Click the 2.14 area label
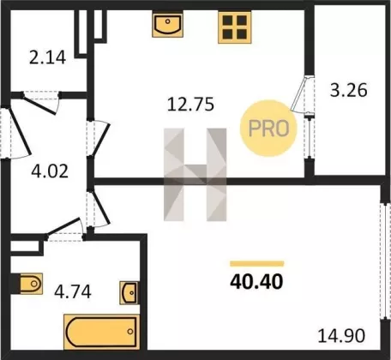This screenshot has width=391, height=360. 47,57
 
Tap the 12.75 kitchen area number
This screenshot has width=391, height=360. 190,105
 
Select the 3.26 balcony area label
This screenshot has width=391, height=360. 349,90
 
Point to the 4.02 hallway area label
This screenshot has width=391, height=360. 50,171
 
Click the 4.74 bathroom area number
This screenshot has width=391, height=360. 73,292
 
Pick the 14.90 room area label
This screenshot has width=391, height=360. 341,336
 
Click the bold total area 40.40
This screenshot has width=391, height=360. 256,282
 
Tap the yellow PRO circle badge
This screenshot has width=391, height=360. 268,128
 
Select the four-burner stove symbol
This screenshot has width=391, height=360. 235,27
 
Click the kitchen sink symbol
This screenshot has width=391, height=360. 167,25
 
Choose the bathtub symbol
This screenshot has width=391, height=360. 101,332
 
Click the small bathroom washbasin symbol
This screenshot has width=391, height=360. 129,293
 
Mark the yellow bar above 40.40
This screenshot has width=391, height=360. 257,264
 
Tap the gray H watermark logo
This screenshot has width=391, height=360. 195,175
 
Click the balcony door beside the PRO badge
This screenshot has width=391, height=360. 299,93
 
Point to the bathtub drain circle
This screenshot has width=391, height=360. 130,332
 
